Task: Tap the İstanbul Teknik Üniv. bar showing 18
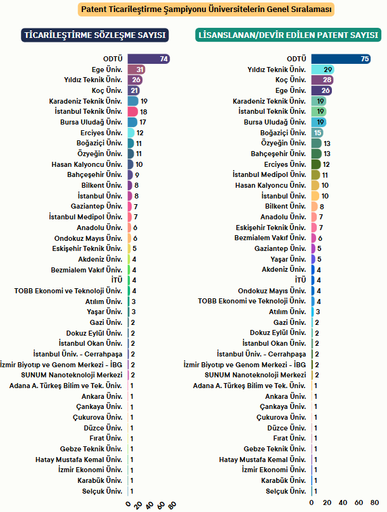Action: (x=132, y=111)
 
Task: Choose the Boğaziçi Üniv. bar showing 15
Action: (x=317, y=133)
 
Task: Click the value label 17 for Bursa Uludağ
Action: (x=143, y=122)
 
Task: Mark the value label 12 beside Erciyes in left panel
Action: (x=140, y=133)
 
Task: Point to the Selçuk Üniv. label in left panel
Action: (x=105, y=491)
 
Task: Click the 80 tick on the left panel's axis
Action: (x=172, y=504)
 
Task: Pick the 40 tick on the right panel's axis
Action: (x=343, y=503)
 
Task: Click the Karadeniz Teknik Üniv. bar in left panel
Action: (x=133, y=101)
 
